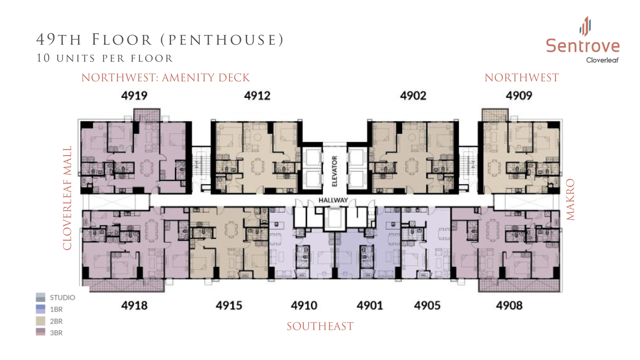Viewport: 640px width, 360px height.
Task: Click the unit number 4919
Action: click(x=134, y=96)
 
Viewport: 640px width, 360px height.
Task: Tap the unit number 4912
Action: click(x=257, y=96)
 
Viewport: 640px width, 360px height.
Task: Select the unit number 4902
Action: click(x=413, y=96)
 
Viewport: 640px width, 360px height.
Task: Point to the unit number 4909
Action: click(x=519, y=96)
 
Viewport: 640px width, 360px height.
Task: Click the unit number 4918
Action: click(x=134, y=306)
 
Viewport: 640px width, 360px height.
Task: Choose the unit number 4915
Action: click(x=229, y=306)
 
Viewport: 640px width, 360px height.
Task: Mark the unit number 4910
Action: click(x=304, y=306)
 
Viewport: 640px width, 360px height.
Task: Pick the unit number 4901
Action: click(x=370, y=306)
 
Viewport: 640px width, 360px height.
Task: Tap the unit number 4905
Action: click(x=427, y=306)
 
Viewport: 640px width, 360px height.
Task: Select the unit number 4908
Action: click(x=509, y=306)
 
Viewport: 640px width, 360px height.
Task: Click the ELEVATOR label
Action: click(x=334, y=171)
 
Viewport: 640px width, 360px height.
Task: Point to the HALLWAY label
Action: click(x=333, y=200)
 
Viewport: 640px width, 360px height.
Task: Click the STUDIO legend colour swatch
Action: click(x=40, y=297)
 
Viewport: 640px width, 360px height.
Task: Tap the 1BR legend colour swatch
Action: click(x=40, y=309)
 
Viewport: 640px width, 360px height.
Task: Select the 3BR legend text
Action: click(x=56, y=333)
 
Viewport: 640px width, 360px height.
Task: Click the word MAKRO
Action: click(x=570, y=200)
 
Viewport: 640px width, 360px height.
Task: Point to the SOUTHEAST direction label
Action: click(x=320, y=326)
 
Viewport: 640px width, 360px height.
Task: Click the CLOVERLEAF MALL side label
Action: click(x=67, y=198)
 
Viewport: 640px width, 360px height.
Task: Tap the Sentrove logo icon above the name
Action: click(x=585, y=26)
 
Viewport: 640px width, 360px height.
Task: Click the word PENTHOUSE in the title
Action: click(x=222, y=40)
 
